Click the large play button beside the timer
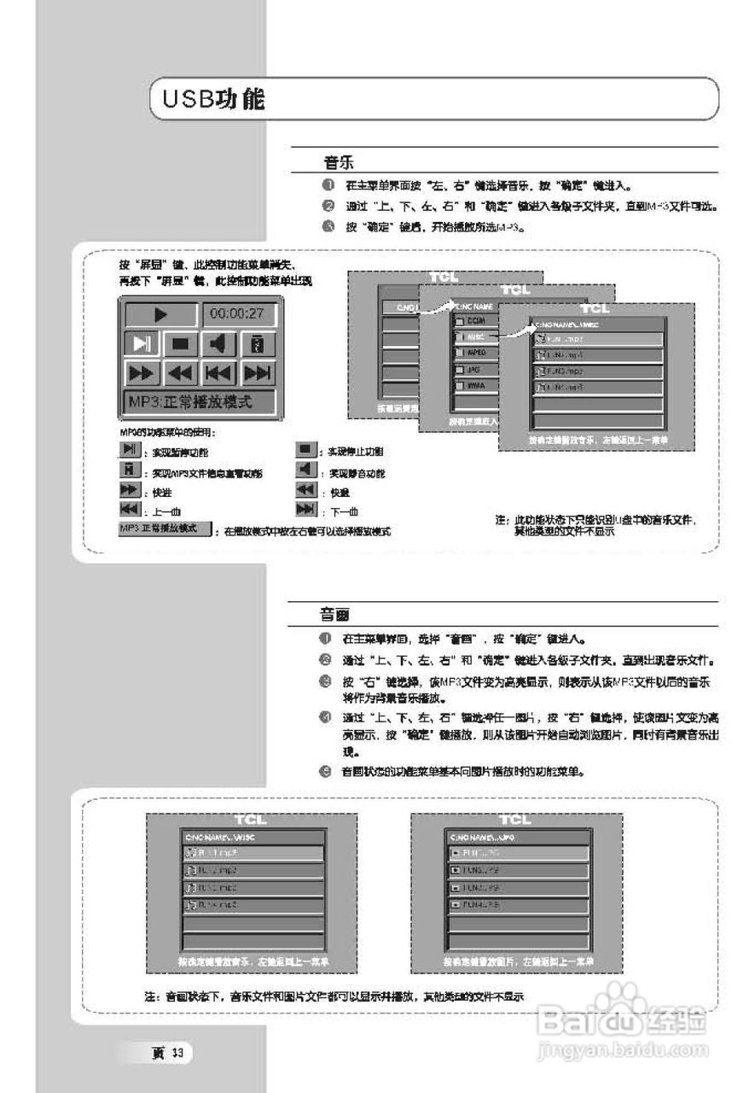tap(160, 314)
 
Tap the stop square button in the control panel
tap(180, 343)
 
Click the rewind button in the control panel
tap(180, 373)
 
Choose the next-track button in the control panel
tap(258, 373)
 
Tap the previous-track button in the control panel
tap(219, 373)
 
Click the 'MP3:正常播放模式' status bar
tap(200, 401)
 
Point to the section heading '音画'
tap(333, 614)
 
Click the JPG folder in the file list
tap(474, 369)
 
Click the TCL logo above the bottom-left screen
tap(250, 820)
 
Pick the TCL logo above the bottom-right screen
tap(514, 820)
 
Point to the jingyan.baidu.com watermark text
tap(624, 1047)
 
